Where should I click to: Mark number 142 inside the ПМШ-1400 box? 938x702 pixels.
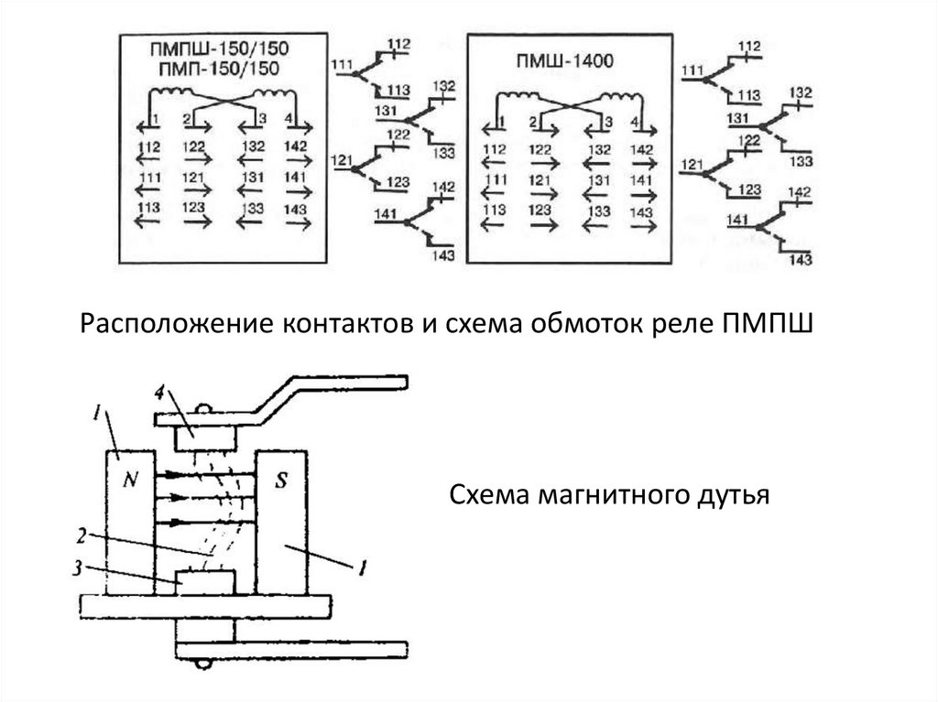tap(644, 148)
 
